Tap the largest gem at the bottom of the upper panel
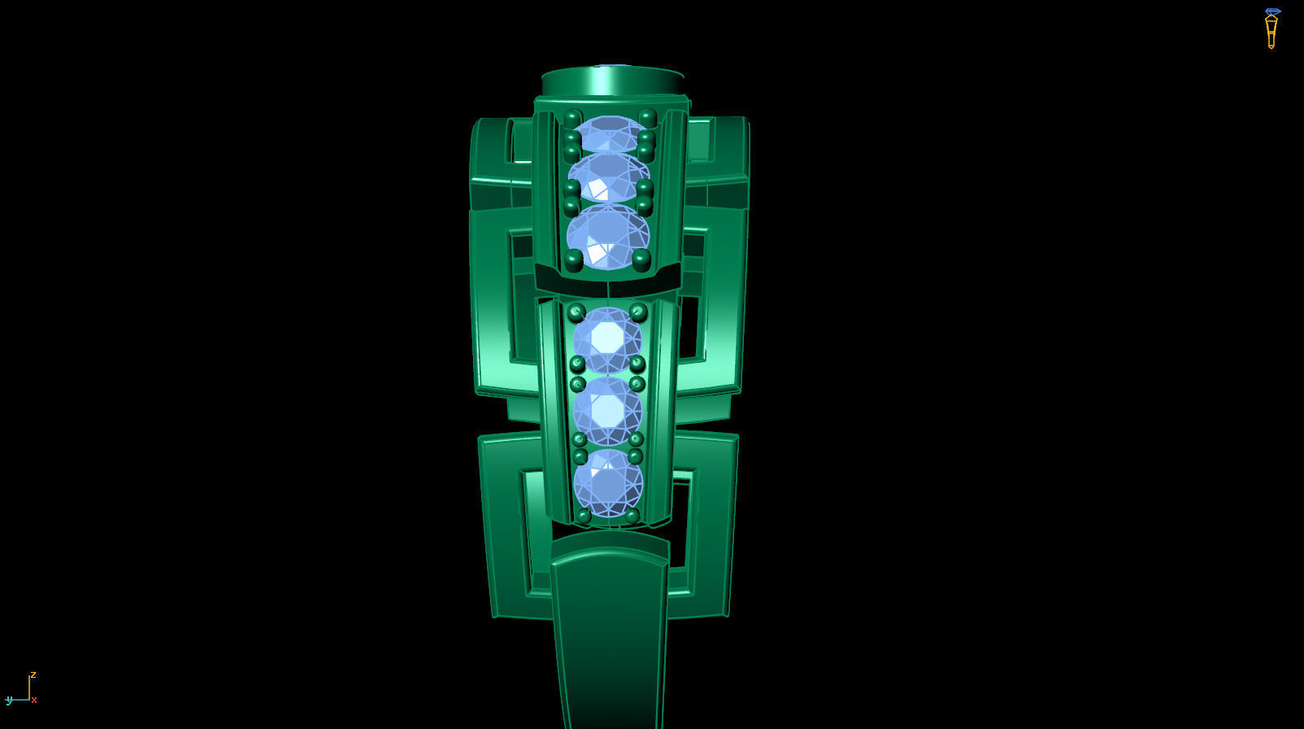click(607, 237)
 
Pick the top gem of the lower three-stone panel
click(606, 338)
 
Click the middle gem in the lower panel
click(607, 410)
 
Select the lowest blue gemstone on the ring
click(608, 483)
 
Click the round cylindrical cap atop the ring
click(612, 81)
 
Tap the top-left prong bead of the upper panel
click(572, 118)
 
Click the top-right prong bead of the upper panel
click(648, 117)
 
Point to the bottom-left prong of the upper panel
click(573, 260)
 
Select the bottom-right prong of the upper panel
click(641, 260)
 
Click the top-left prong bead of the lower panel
click(576, 312)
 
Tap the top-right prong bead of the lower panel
click(638, 312)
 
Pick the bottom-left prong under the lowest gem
click(583, 516)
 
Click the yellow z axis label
click(33, 674)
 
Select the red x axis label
click(34, 700)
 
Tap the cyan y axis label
click(9, 700)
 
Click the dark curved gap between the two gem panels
click(607, 286)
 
